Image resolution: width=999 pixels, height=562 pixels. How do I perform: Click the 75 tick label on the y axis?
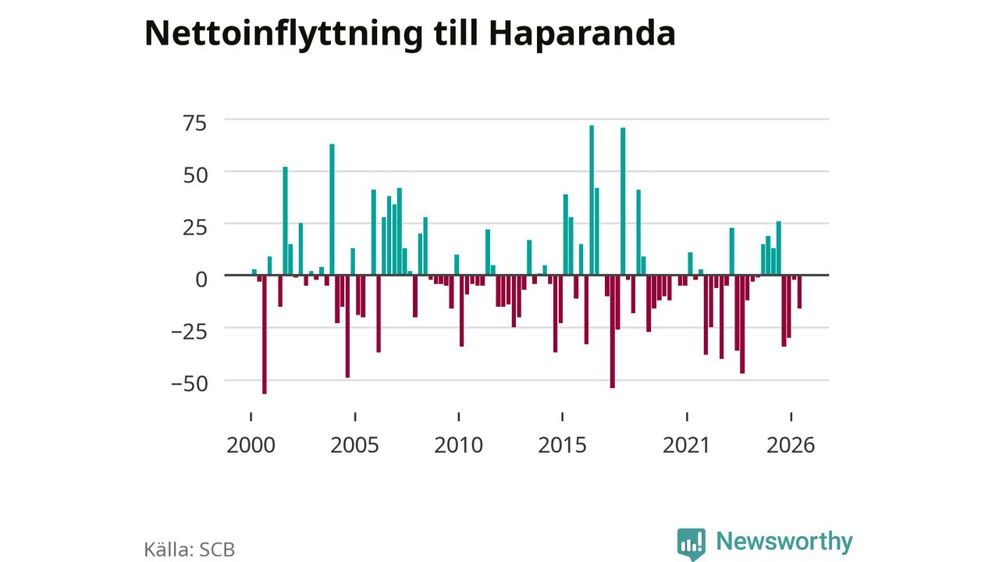tap(195, 123)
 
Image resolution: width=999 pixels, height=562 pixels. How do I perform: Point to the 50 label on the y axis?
tap(195, 176)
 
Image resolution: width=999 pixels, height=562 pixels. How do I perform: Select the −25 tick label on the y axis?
tap(189, 332)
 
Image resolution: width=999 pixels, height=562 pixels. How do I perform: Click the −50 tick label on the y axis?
tap(189, 384)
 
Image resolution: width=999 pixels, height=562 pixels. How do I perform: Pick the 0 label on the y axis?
tap(201, 279)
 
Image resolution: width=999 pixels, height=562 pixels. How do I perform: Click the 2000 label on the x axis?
tap(251, 445)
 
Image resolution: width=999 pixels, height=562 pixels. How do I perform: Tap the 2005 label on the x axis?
tap(354, 445)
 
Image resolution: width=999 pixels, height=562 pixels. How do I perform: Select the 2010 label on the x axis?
tap(458, 445)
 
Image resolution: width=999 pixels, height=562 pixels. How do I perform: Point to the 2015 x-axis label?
tap(562, 445)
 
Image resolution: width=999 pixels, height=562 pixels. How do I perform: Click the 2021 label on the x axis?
tap(686, 445)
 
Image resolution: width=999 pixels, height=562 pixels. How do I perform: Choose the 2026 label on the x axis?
tap(791, 445)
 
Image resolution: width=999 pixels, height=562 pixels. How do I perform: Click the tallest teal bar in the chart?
tap(592, 200)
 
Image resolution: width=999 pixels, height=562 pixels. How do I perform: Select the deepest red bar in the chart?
tap(265, 335)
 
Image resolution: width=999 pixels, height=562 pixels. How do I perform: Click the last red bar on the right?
tap(800, 292)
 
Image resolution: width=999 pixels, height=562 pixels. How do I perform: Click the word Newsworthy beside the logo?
tap(784, 542)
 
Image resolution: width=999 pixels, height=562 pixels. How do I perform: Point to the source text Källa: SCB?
tap(190, 550)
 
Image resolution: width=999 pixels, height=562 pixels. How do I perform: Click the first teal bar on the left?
tap(254, 272)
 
